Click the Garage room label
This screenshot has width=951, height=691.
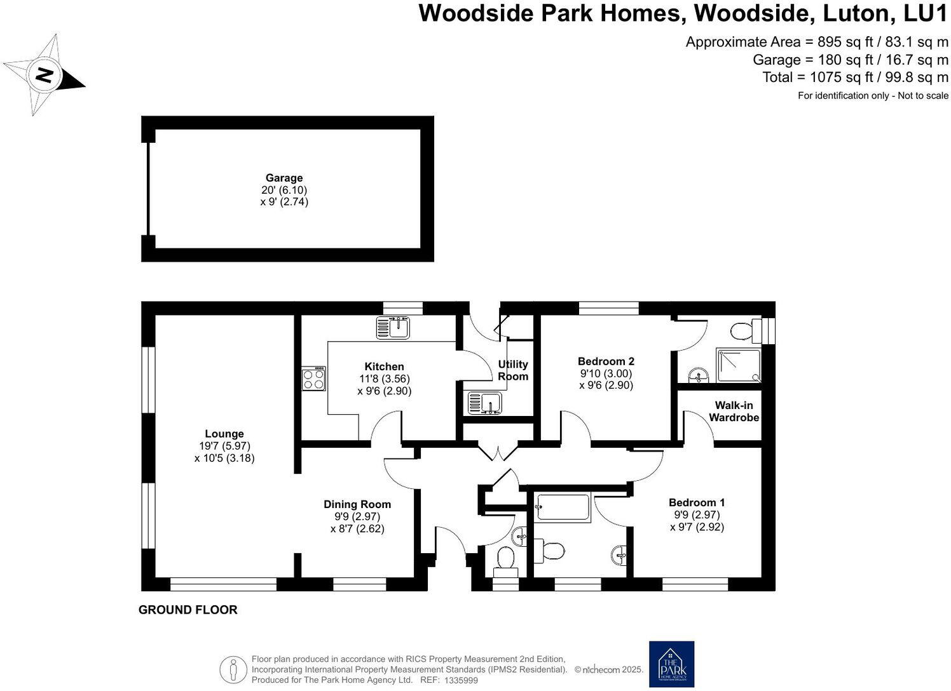(284, 178)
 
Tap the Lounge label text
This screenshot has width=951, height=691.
(224, 434)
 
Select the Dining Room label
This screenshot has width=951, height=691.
(357, 504)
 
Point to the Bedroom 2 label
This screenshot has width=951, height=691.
(606, 361)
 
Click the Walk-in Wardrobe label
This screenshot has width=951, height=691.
(734, 411)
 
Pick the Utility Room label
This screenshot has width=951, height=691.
(512, 370)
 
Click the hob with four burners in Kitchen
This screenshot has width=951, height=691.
(313, 379)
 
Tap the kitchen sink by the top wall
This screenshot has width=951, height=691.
(393, 328)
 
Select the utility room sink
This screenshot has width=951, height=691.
(484, 403)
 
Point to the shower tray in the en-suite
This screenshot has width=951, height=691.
(737, 365)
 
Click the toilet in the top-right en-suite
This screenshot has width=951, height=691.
(744, 330)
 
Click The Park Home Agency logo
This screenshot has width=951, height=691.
(671, 664)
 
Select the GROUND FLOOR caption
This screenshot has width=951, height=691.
(188, 610)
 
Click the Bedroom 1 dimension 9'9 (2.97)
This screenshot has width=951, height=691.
(697, 514)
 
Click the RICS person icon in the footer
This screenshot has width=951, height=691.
(233, 669)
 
